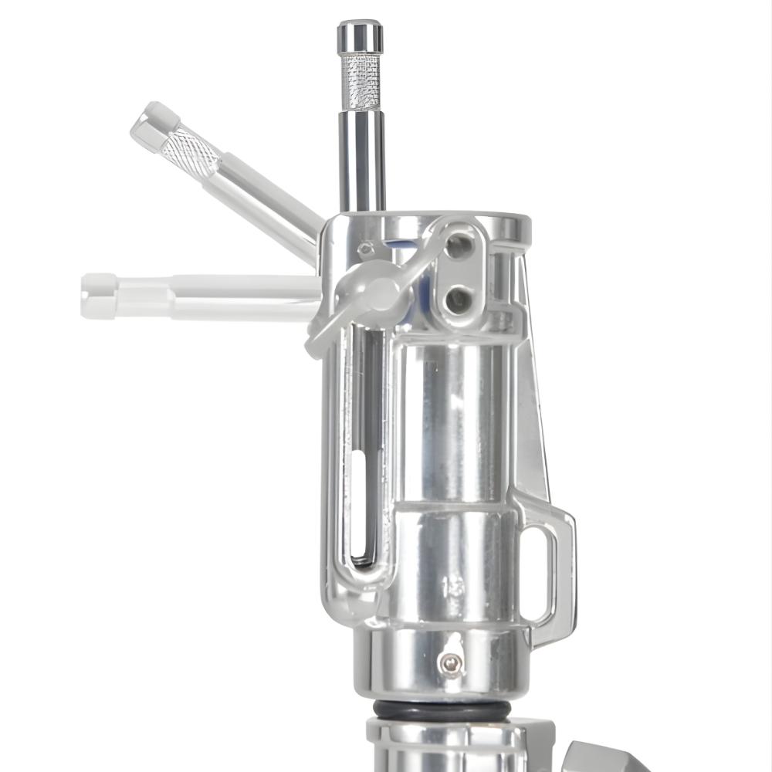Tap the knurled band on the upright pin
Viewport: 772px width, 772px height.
pos(361,82)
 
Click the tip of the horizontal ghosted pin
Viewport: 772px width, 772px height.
pos(98,296)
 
